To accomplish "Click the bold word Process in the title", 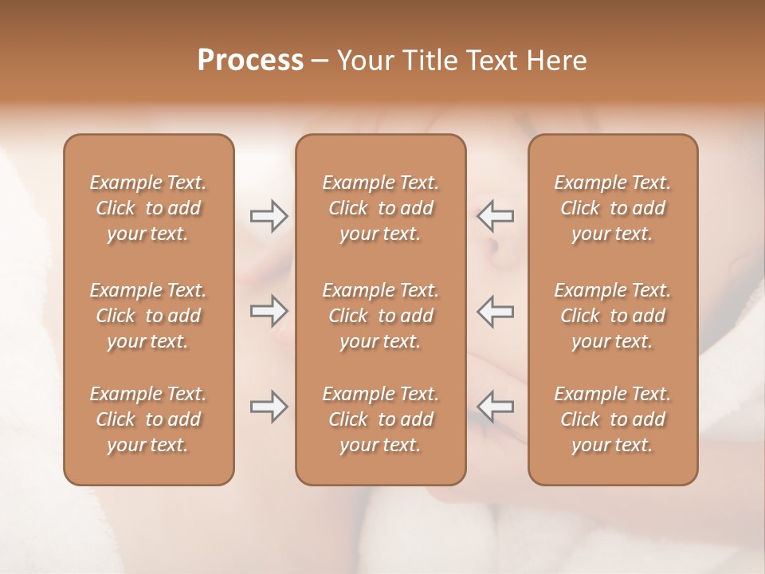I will tap(250, 61).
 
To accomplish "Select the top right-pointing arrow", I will tap(269, 216).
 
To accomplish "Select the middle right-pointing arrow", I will tap(269, 310).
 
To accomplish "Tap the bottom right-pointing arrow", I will tap(269, 407).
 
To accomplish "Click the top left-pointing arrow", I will tap(495, 216).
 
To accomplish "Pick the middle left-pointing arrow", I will tap(495, 310).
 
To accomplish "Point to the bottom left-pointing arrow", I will tap(495, 407).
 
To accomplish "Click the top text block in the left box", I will tap(148, 208).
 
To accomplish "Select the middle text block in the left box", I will tap(148, 316).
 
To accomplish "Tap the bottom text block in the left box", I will tap(148, 419).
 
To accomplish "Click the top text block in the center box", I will tap(381, 208).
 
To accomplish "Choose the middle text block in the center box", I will tap(381, 316).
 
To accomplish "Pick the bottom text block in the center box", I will tap(381, 419).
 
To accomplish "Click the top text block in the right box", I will tap(613, 208).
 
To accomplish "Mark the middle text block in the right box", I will tap(613, 316).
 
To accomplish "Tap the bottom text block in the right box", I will tap(613, 419).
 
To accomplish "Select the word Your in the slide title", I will tap(363, 61).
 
